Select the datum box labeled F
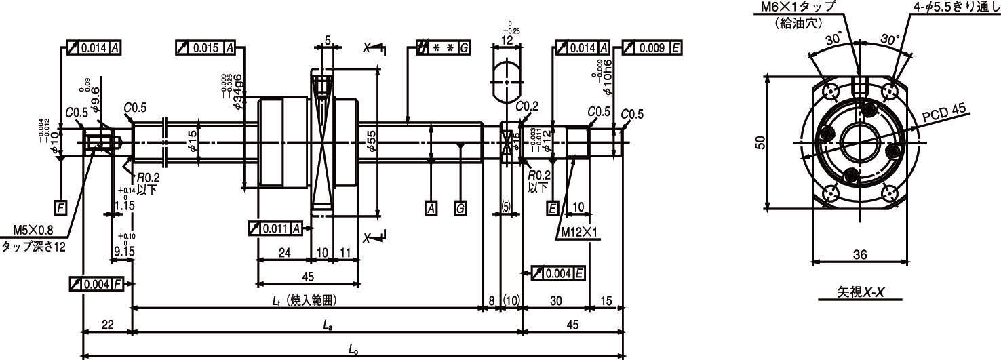[61, 207]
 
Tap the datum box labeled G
[460, 208]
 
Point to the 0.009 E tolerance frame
[652, 48]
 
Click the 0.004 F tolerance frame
[96, 283]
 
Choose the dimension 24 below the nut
[283, 253]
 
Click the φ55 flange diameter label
[371, 139]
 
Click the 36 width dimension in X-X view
[859, 255]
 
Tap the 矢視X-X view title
[859, 292]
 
